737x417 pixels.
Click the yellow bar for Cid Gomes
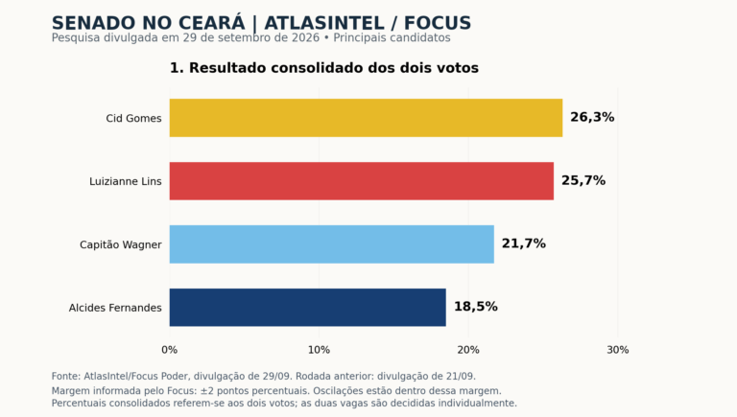point(366,118)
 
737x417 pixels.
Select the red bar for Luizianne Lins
point(362,181)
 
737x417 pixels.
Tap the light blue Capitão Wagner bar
point(332,244)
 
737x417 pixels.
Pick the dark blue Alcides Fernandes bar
point(308,308)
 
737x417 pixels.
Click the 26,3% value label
point(592,117)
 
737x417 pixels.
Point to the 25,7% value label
point(583,181)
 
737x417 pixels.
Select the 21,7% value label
point(524,243)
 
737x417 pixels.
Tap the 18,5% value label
point(476,307)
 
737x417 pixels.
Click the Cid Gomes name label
point(133,118)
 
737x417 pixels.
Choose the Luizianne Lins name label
point(126,181)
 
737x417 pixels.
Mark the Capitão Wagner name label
point(121,244)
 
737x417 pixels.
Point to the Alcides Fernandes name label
point(115,308)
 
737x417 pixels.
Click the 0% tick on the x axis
point(170,350)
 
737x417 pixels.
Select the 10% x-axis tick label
point(319,350)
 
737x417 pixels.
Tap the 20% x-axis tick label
point(468,350)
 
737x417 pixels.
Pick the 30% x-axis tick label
point(618,350)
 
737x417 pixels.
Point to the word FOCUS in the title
point(438,23)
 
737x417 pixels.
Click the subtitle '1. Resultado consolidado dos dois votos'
point(323,68)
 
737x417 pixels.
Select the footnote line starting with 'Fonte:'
point(263,376)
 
